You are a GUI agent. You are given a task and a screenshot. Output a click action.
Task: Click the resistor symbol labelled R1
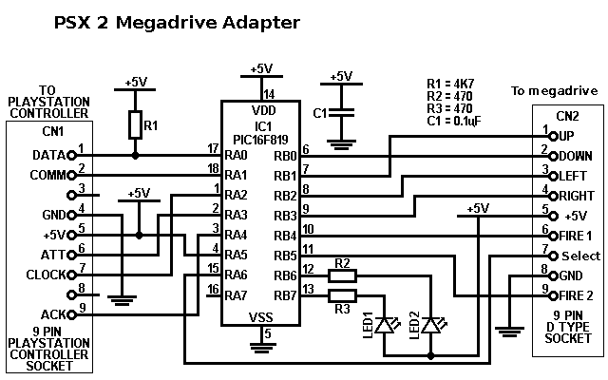(x=135, y=124)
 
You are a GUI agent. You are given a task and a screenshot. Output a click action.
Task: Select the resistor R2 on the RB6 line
(x=342, y=275)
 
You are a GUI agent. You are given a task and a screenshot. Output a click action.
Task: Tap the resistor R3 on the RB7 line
(x=342, y=295)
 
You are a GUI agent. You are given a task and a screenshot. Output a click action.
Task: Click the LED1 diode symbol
(x=384, y=325)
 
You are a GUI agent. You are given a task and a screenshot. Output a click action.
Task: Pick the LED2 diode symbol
(x=430, y=325)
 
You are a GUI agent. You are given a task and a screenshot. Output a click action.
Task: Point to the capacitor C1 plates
(x=341, y=113)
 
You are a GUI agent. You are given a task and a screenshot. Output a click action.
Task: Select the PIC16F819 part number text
(x=260, y=140)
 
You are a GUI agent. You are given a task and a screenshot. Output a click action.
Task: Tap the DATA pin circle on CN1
(x=71, y=156)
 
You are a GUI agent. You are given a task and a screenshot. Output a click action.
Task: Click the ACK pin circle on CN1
(x=71, y=314)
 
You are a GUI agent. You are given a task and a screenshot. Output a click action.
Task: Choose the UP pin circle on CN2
(x=554, y=137)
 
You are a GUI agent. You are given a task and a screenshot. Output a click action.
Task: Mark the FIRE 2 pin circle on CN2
(x=554, y=295)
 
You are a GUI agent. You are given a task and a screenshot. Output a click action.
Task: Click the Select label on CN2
(x=580, y=256)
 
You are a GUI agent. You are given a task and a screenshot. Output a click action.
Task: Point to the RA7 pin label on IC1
(x=236, y=295)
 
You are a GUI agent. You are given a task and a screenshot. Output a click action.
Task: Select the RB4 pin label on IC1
(x=285, y=236)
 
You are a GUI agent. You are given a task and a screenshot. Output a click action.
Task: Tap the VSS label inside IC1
(x=261, y=318)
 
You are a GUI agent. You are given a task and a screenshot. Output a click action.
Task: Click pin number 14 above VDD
(x=269, y=94)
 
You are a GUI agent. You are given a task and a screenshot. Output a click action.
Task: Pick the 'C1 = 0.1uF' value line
(x=454, y=121)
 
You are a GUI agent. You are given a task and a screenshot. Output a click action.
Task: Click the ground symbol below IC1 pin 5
(x=263, y=347)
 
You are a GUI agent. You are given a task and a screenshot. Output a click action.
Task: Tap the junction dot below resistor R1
(x=135, y=156)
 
